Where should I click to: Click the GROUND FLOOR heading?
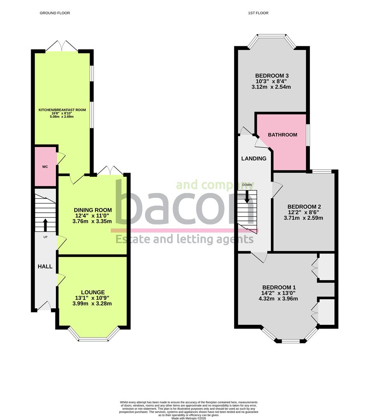(55, 13)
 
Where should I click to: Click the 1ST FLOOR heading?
(258, 13)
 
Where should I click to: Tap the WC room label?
(45, 166)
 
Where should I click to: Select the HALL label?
(45, 266)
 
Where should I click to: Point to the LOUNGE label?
(93, 292)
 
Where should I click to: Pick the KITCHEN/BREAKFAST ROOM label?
(62, 110)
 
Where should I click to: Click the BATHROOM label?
(283, 135)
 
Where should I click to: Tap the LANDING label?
(254, 158)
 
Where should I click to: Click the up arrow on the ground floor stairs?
(45, 224)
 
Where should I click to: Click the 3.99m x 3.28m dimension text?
(93, 303)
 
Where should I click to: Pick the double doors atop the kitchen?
(62, 46)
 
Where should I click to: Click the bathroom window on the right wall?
(308, 135)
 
